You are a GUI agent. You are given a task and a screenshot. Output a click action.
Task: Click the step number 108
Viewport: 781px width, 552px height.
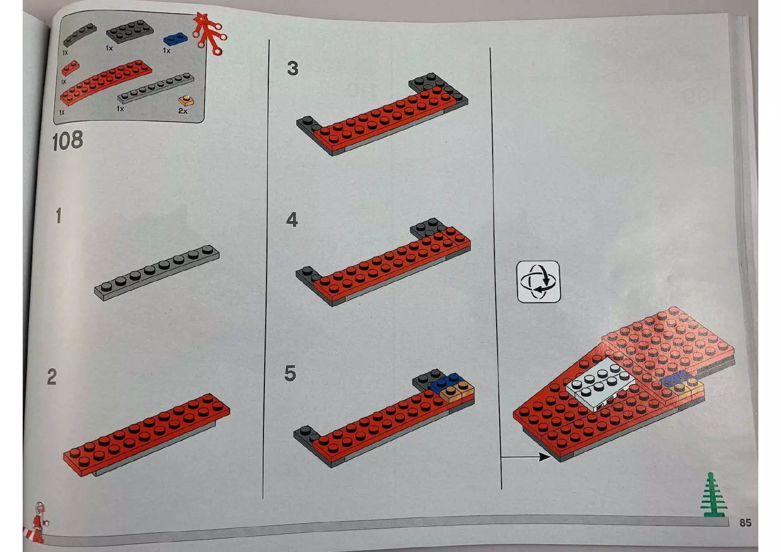(67, 141)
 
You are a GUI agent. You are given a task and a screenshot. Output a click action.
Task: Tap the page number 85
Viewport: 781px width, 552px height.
(745, 522)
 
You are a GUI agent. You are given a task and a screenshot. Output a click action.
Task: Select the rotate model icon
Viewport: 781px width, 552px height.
(538, 282)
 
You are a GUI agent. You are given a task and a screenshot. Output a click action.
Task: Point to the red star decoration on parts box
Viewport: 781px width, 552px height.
(208, 32)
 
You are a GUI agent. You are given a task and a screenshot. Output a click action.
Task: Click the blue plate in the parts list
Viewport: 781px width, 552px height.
(175, 40)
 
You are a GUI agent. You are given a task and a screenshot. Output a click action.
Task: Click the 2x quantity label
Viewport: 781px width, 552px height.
(182, 111)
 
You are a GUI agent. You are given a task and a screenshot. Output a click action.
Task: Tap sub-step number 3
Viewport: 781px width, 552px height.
(292, 69)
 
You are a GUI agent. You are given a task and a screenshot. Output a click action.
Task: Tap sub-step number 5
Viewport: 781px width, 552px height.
(290, 373)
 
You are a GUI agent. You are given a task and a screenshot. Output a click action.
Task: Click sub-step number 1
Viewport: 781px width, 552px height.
(58, 216)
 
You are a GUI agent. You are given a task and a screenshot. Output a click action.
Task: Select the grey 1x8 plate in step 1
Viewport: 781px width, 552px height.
(157, 272)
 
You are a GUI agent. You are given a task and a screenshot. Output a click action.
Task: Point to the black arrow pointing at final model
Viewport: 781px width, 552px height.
(525, 456)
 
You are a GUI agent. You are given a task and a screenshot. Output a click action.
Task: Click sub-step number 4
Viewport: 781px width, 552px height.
(291, 220)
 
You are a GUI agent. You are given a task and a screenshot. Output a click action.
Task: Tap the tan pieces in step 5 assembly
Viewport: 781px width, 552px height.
(457, 393)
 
